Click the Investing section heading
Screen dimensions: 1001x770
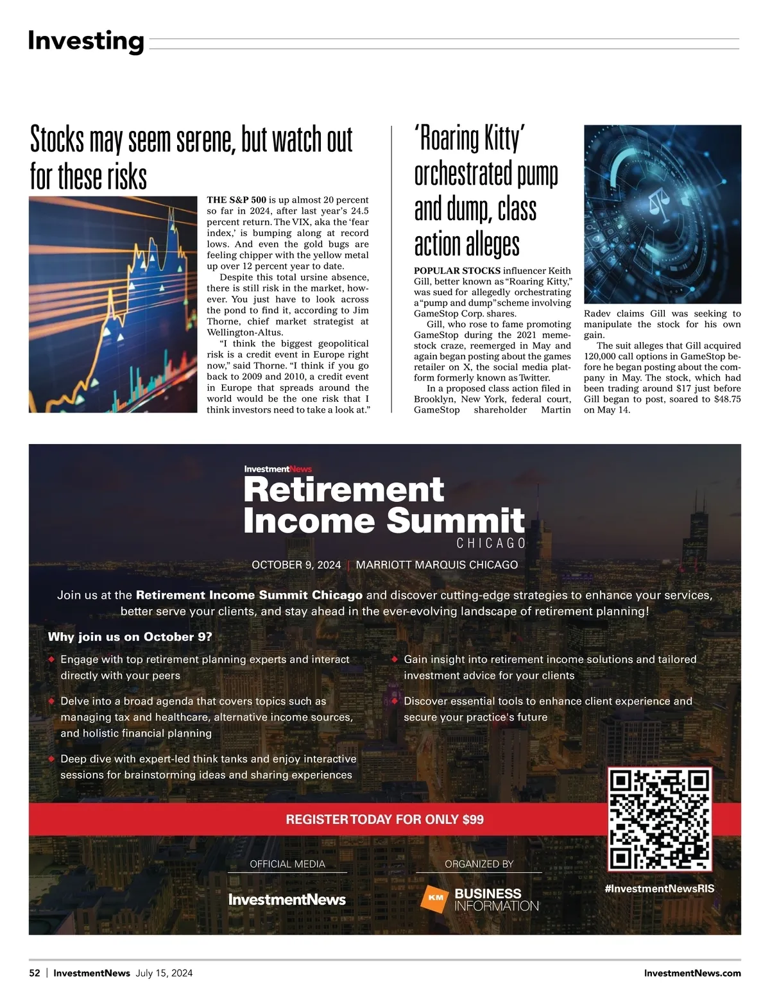click(x=86, y=41)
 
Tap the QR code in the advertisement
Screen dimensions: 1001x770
click(x=660, y=819)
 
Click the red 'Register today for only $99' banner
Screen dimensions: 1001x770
click(x=384, y=819)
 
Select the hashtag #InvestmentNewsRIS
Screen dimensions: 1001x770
click(x=659, y=889)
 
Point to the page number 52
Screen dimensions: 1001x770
click(x=35, y=973)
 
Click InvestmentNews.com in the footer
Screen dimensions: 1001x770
click(x=692, y=973)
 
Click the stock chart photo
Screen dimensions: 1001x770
click(x=113, y=304)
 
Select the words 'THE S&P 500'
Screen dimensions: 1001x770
click(x=236, y=200)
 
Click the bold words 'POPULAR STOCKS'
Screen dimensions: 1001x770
click(x=457, y=271)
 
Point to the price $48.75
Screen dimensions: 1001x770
click(x=727, y=399)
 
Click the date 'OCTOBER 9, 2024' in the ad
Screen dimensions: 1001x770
click(x=296, y=565)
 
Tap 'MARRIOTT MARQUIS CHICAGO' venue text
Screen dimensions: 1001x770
click(x=436, y=565)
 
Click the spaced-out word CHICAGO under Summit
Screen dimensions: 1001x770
click(x=491, y=543)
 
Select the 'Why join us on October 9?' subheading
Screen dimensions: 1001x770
click(x=130, y=637)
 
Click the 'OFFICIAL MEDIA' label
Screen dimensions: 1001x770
click(x=287, y=864)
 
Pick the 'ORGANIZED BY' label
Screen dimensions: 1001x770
click(x=479, y=864)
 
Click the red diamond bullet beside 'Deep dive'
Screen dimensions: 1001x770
click(x=51, y=759)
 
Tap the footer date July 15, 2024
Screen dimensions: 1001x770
click(x=164, y=973)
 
